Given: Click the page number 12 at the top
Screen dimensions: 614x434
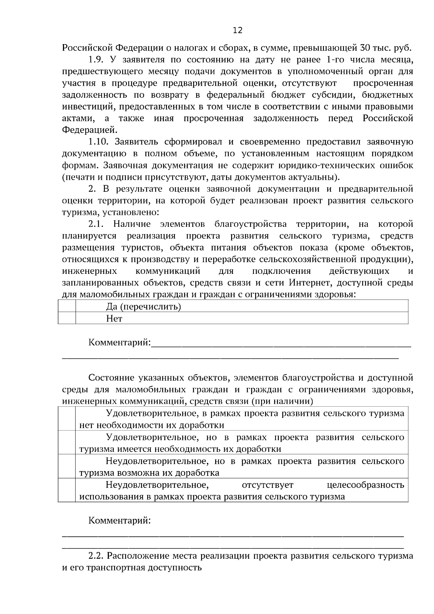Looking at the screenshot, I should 238,30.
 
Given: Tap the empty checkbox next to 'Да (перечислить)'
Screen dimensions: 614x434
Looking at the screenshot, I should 67,306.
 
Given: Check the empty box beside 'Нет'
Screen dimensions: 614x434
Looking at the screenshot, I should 67,318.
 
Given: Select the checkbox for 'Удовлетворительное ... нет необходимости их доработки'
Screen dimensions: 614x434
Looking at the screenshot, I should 67,419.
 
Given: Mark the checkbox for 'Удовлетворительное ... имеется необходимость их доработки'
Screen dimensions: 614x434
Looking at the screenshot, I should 67,442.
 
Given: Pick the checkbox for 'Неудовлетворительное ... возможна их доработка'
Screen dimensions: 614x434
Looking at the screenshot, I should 67,466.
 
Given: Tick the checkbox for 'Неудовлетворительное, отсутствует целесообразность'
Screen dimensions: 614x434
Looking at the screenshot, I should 67,490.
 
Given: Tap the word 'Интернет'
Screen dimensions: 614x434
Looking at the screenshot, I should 307,283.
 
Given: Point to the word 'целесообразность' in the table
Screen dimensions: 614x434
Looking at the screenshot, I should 365,485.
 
